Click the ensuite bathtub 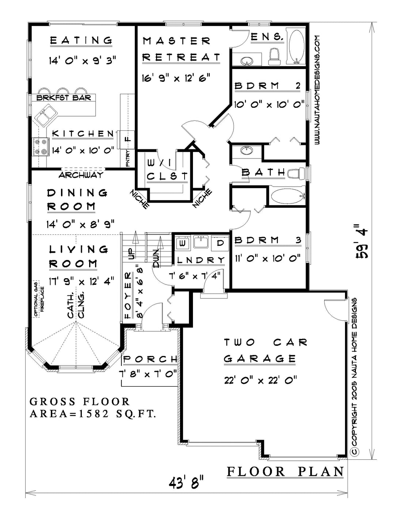tap(297, 47)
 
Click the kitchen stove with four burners tap(40, 147)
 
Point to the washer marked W tap(183, 243)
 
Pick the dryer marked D tap(220, 243)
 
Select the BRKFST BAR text tap(64, 97)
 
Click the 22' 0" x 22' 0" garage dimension tap(261, 380)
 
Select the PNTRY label tap(128, 158)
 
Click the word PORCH tap(150, 359)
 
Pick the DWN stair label tap(156, 259)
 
